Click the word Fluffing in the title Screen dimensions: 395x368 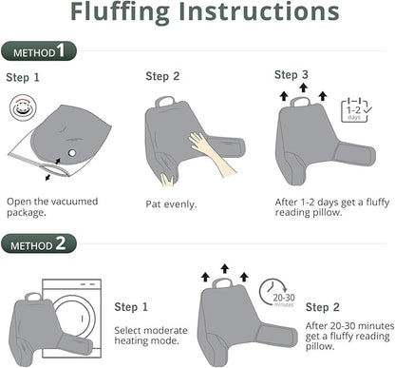click(120, 12)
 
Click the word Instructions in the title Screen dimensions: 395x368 click(259, 11)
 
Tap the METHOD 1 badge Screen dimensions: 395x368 click(39, 51)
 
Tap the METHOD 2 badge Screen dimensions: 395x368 click(39, 243)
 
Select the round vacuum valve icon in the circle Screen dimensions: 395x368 click(23, 107)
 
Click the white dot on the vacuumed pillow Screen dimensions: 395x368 click(72, 153)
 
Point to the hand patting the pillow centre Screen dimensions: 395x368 click(211, 152)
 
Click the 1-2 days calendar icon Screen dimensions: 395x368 click(356, 110)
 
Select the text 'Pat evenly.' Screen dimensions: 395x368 click(171, 204)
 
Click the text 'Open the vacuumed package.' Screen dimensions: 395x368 click(52, 207)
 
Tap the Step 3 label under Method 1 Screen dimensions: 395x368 click(292, 75)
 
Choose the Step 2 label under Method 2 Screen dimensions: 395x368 click(323, 307)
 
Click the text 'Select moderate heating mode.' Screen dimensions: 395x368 click(151, 336)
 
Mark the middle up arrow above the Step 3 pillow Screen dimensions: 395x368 click(304, 87)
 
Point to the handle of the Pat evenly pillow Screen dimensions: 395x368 click(165, 101)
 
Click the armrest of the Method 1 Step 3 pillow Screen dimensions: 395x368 click(354, 154)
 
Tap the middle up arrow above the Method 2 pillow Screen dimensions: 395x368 click(225, 268)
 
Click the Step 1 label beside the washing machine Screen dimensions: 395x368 click(131, 307)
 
